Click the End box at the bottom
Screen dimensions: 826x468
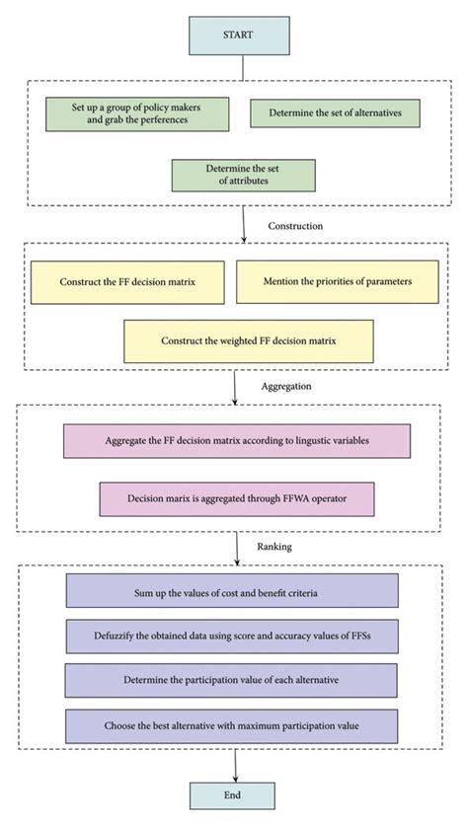[x=234, y=796]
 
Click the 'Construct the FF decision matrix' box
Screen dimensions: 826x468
[x=127, y=281]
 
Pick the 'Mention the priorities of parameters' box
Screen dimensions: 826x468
[x=337, y=281]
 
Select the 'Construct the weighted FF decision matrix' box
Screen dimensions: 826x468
[x=249, y=340]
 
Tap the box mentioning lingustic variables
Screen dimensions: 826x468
[x=236, y=441]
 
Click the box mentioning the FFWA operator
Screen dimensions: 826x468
[x=236, y=498]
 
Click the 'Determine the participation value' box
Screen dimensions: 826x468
[x=232, y=680]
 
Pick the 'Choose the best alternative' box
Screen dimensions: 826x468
[x=232, y=725]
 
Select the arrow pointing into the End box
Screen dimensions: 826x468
[x=234, y=767]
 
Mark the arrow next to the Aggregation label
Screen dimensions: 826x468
[x=234, y=388]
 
